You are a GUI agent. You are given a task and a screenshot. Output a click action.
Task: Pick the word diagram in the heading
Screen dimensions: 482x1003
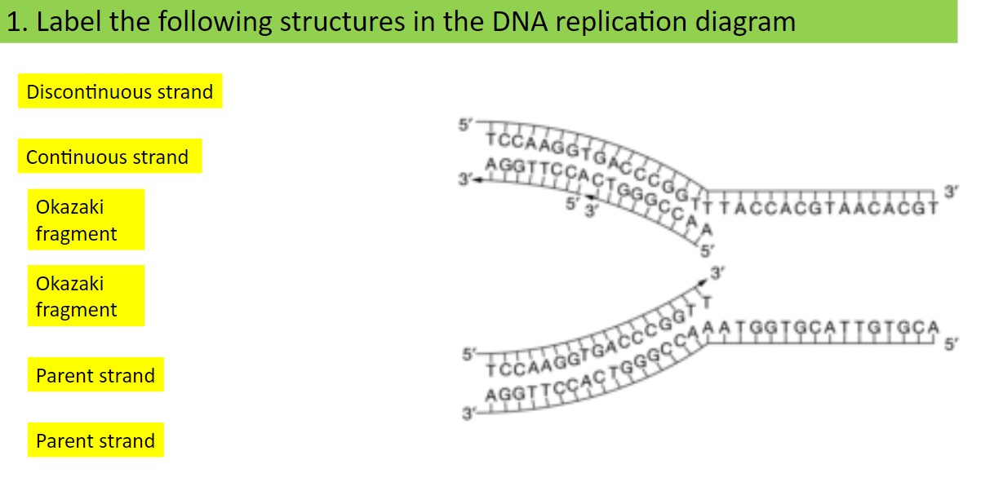746,22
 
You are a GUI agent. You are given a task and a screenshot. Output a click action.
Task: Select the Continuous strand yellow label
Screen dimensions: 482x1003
109,157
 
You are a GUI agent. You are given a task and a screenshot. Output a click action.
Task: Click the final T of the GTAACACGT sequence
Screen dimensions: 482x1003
933,206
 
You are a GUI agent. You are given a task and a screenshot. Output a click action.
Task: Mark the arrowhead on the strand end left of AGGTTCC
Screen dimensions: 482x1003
476,181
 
